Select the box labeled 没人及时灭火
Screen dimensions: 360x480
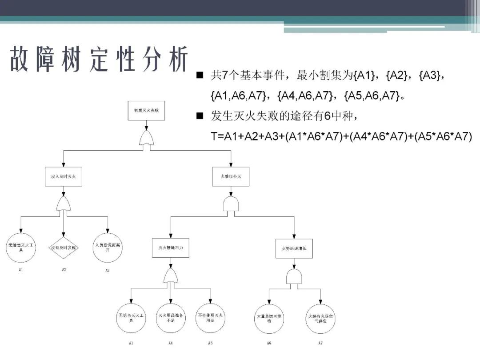coord(64,176)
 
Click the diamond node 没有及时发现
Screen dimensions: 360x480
coord(64,247)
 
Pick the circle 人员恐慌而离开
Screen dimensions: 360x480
coord(107,247)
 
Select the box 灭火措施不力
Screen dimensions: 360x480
coord(170,248)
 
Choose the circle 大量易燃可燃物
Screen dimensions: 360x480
coord(269,318)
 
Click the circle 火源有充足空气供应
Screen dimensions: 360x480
coord(320,318)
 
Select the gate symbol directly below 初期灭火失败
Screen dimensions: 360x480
coord(146,138)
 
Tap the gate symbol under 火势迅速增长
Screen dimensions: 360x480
coord(294,277)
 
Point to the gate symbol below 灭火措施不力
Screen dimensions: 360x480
coord(170,276)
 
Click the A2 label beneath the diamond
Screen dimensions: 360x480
coord(64,270)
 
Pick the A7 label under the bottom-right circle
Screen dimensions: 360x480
coord(320,343)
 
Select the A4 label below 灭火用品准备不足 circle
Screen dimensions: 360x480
coord(170,343)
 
